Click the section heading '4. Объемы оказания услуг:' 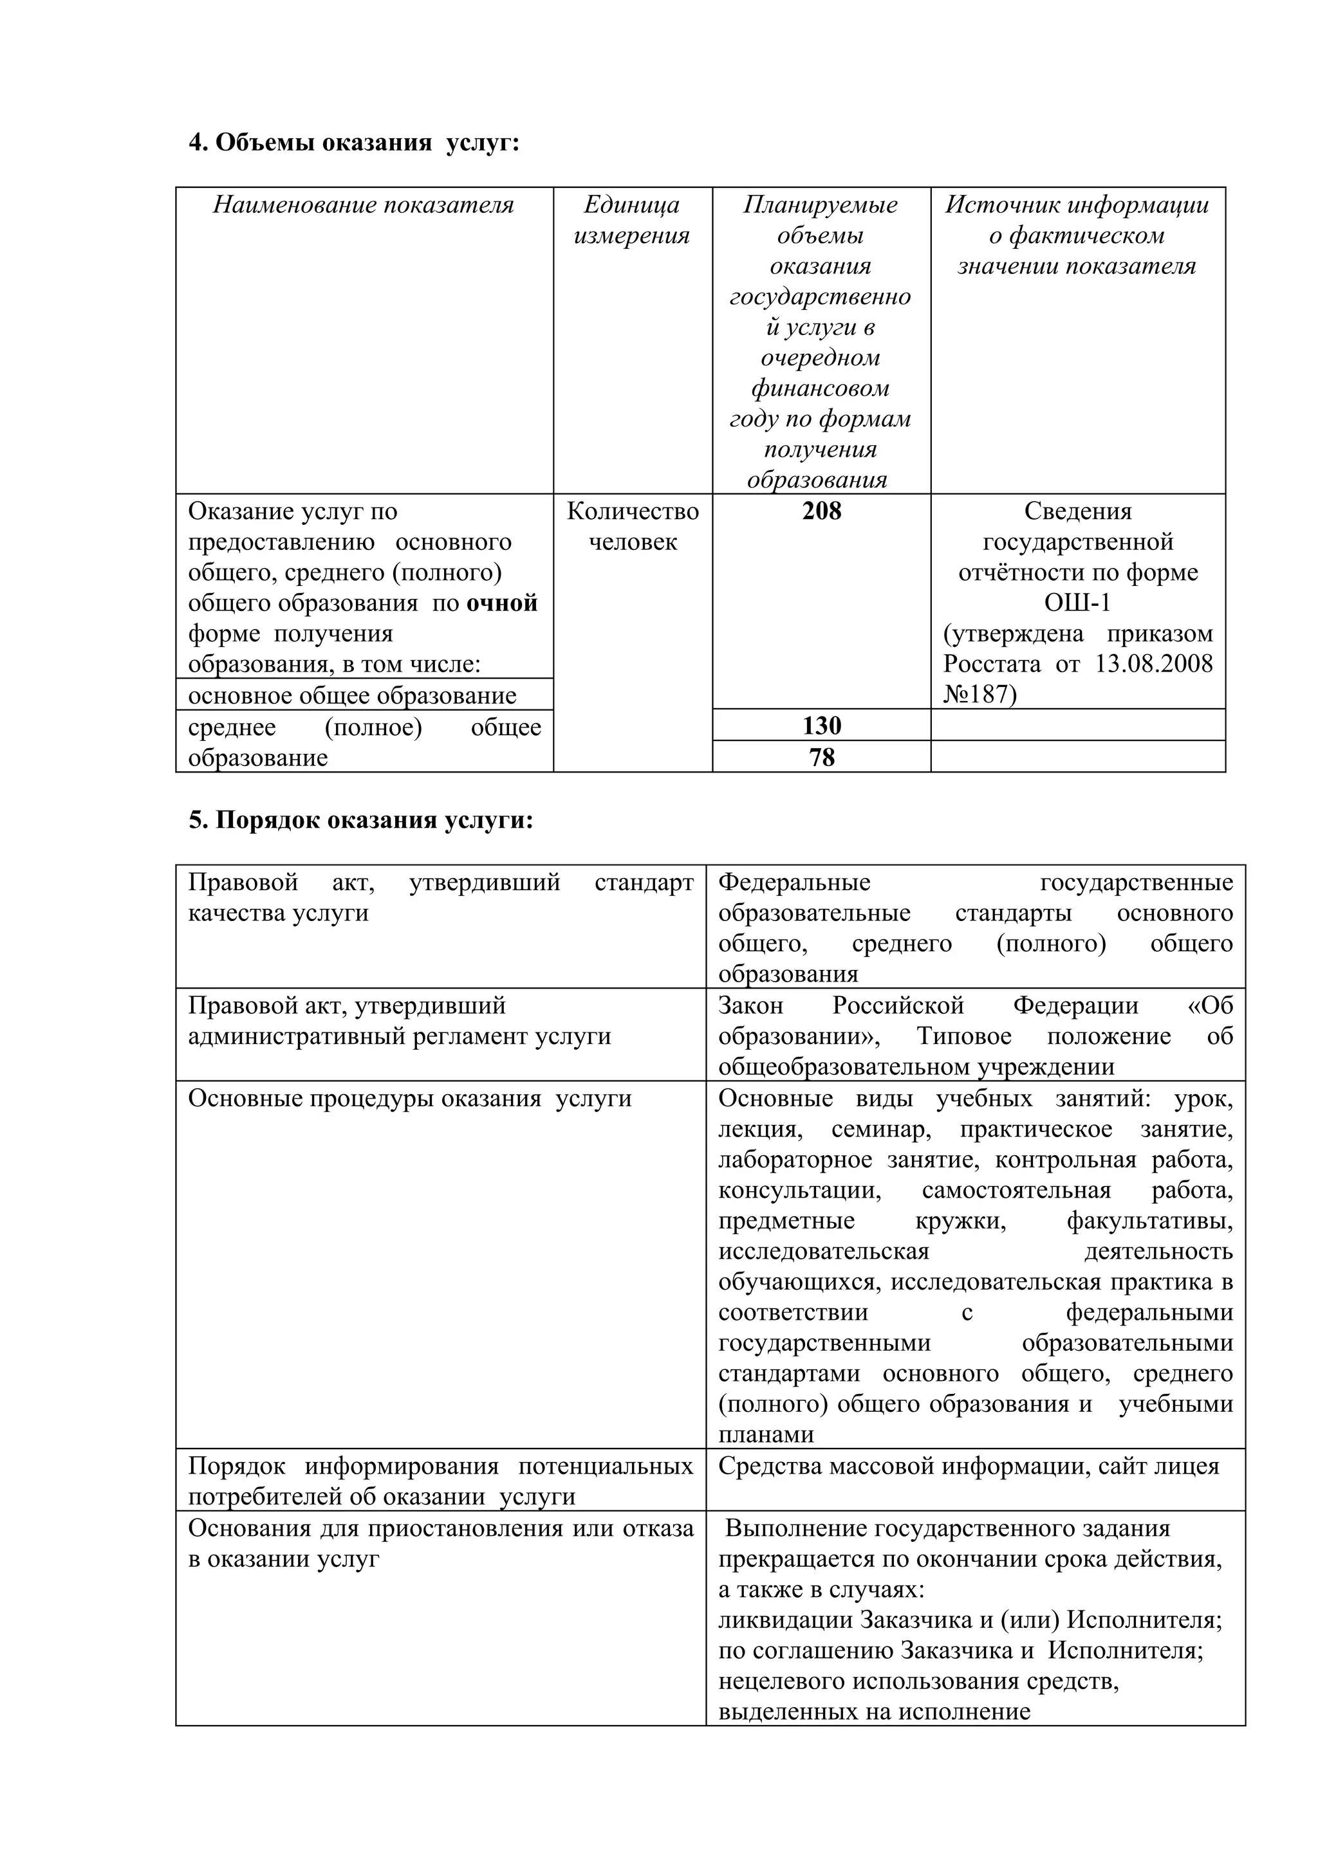click(353, 143)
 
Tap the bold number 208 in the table click(821, 511)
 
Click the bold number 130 click(821, 725)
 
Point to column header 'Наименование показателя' click(364, 205)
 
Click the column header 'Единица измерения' click(632, 220)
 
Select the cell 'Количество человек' click(632, 526)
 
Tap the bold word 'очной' click(501, 603)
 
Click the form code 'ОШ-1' click(1077, 603)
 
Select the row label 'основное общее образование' click(353, 696)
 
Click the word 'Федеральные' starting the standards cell click(794, 882)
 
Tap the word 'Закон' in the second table click(750, 1006)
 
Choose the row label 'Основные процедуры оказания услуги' click(409, 1099)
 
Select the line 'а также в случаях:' click(822, 1589)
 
